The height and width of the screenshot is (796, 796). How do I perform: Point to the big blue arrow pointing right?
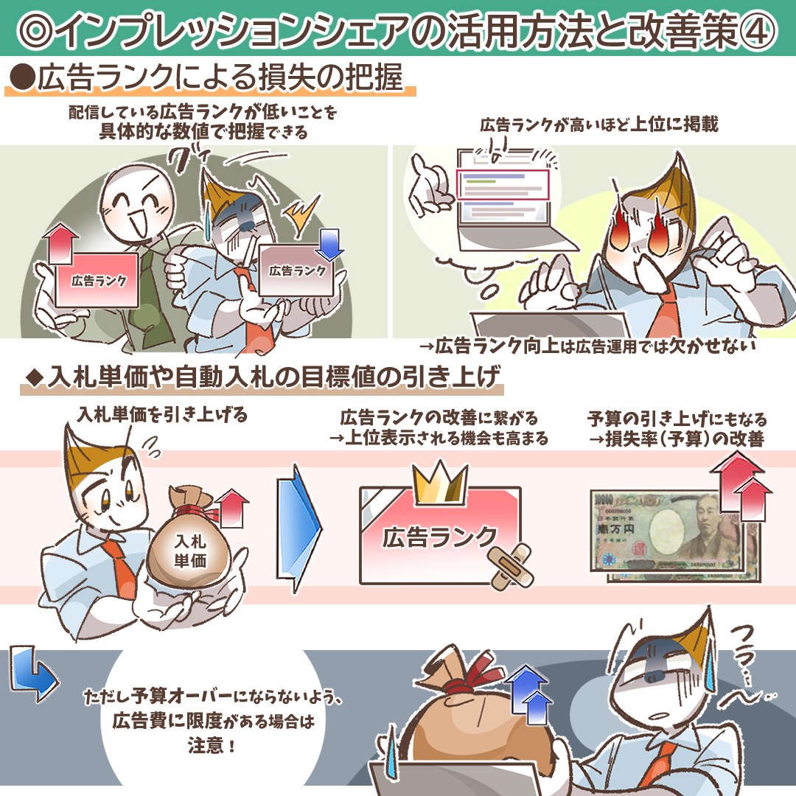298,528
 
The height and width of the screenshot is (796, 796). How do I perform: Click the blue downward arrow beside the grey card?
329,244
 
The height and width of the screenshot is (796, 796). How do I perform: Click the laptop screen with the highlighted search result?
503,187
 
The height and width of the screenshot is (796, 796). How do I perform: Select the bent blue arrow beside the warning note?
32,674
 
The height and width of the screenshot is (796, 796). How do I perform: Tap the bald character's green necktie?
153,294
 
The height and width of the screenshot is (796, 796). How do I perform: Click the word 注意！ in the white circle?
212,746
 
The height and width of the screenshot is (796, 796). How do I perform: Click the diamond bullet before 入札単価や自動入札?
35,378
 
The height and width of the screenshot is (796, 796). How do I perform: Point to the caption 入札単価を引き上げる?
162,415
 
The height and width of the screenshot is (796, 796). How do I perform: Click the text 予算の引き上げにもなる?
677,419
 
